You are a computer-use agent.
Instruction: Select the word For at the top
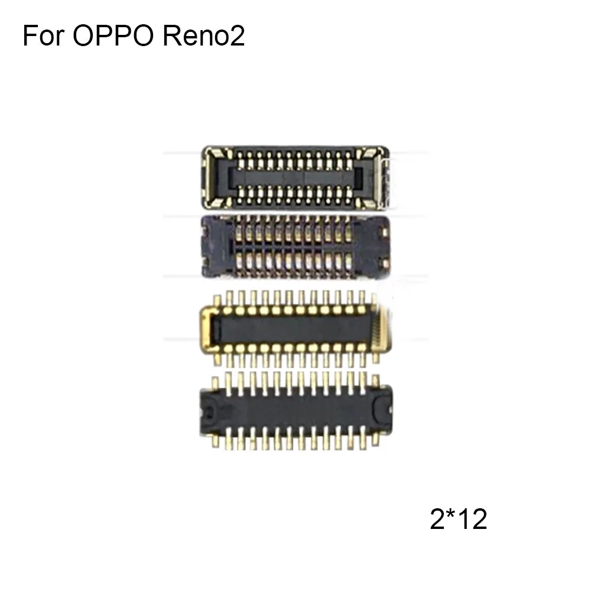(x=43, y=37)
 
